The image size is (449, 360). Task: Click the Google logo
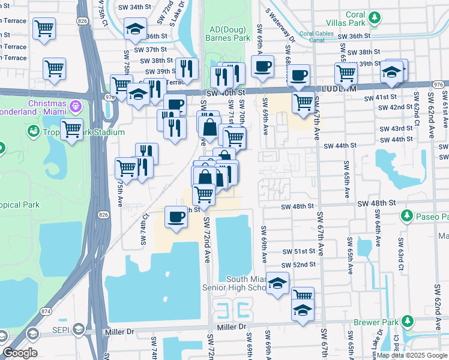point(20,353)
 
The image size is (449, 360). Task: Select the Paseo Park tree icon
point(406,215)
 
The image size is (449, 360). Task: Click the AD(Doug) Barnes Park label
point(230,34)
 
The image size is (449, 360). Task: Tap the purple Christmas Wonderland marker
point(75,107)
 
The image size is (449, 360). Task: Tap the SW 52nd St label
point(300,265)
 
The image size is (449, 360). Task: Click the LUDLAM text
point(340,89)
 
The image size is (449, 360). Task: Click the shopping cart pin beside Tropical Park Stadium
point(72,128)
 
